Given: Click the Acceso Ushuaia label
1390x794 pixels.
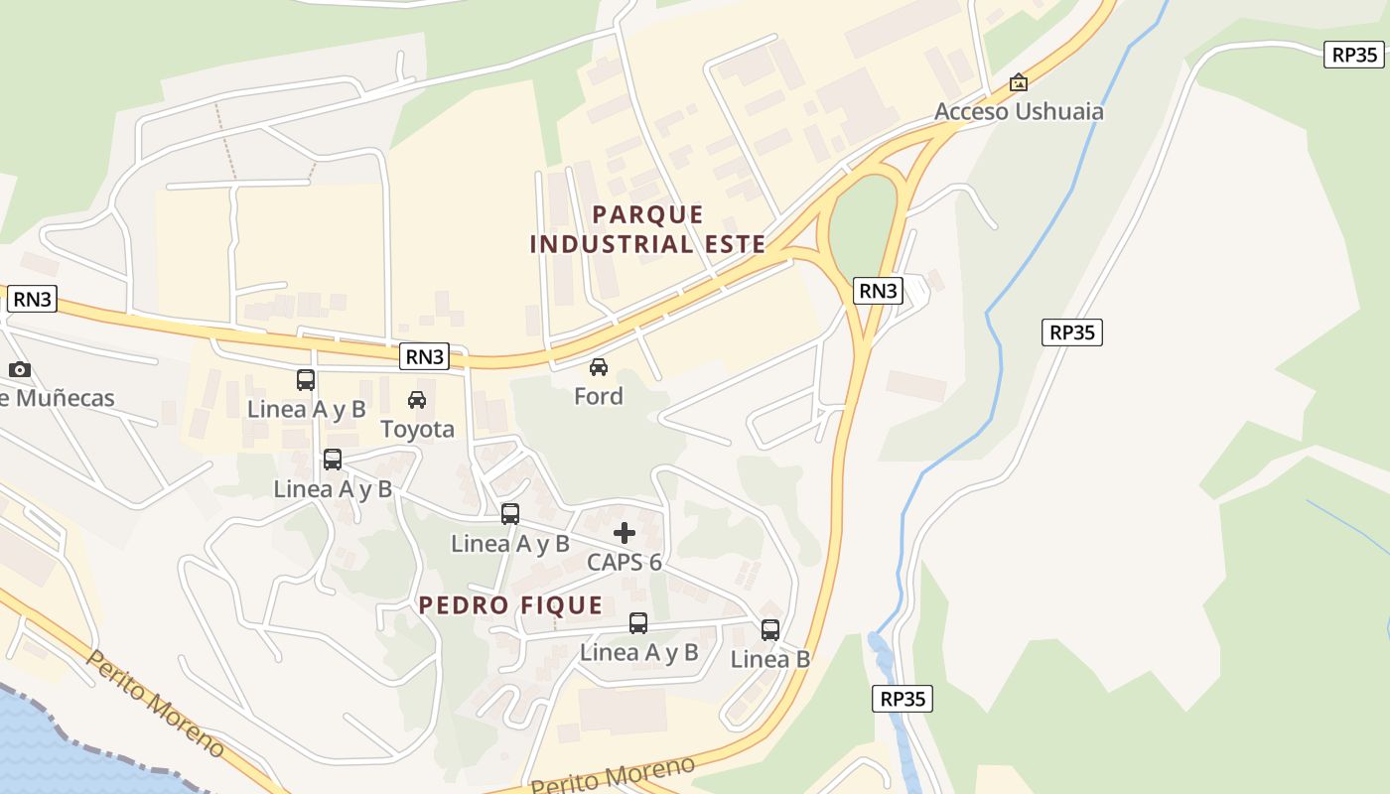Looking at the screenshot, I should [x=1018, y=111].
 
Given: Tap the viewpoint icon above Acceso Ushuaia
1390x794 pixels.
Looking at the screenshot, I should [x=1018, y=83].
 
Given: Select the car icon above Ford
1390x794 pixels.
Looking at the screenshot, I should [x=598, y=367].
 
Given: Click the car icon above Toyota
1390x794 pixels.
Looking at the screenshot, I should [x=417, y=400].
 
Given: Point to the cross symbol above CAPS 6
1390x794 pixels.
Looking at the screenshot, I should [x=625, y=533].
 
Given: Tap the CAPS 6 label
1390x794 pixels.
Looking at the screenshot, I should [x=624, y=562].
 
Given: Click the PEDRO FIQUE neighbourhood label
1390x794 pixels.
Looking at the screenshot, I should [x=510, y=605].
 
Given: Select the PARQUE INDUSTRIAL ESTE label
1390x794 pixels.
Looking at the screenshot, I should [x=647, y=229].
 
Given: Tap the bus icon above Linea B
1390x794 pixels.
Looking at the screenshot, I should [x=770, y=629].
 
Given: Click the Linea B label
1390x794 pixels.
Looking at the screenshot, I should [x=770, y=659].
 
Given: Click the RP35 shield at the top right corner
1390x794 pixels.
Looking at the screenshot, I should [x=1353, y=55].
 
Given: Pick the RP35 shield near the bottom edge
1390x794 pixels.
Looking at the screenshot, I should [x=903, y=699].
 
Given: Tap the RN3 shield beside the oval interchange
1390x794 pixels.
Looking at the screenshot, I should [x=878, y=291].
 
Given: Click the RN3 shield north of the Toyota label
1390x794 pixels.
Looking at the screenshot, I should [x=424, y=357].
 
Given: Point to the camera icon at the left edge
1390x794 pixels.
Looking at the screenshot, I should [x=20, y=370].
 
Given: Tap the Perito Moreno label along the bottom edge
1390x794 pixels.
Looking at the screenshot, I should [x=613, y=775].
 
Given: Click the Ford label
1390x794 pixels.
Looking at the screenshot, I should [x=598, y=396].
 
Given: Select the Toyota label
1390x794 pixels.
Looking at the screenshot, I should [x=417, y=429].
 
